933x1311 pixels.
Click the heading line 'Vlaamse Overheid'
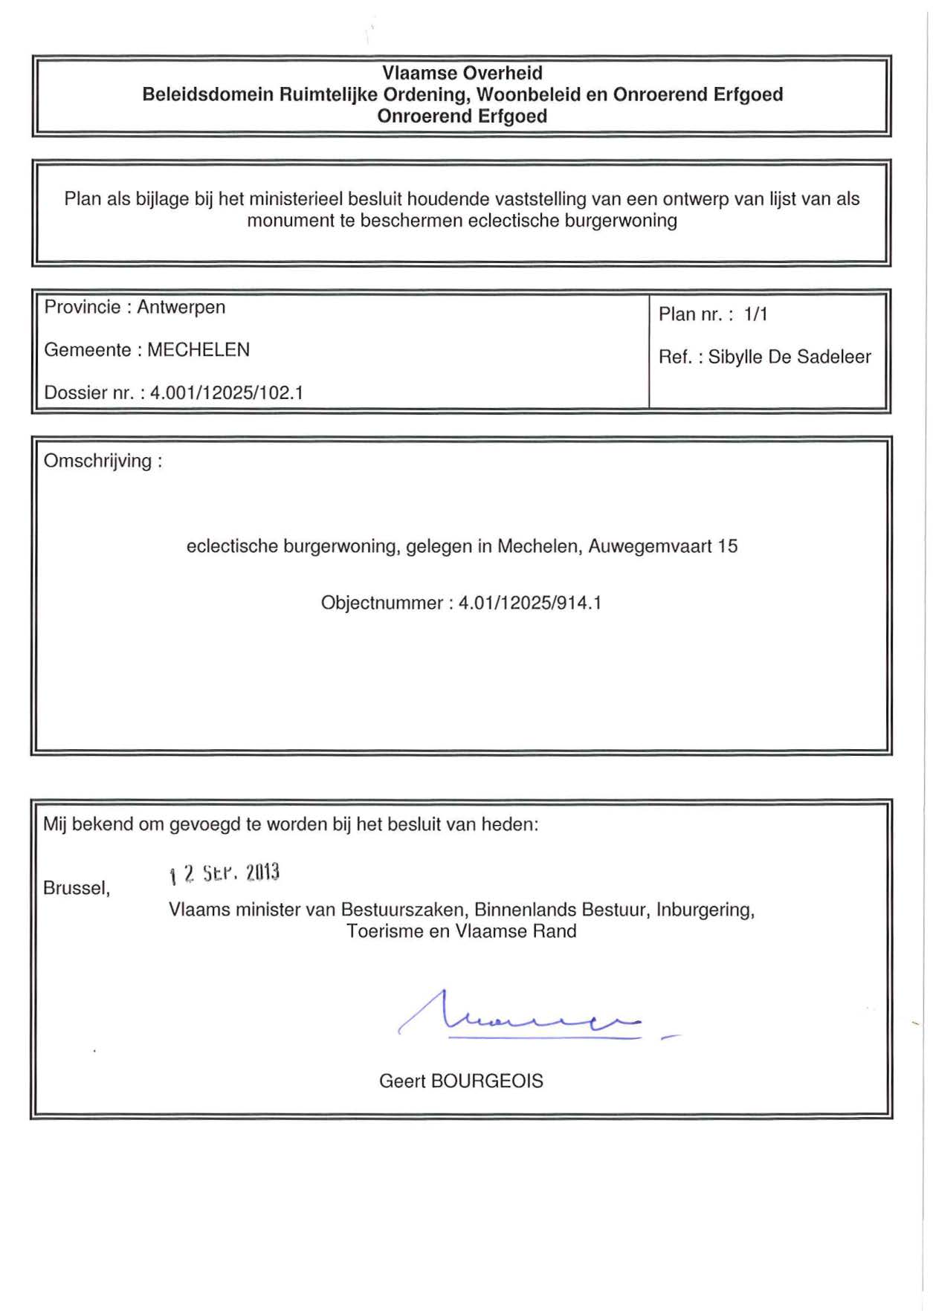pyautogui.click(x=462, y=73)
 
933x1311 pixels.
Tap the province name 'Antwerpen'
pyautogui.click(x=181, y=307)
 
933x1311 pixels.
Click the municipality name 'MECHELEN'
pyautogui.click(x=198, y=349)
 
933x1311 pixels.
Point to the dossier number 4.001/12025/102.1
pyautogui.click(x=227, y=392)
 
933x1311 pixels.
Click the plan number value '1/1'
pyautogui.click(x=755, y=314)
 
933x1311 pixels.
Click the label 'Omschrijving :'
pyautogui.click(x=103, y=461)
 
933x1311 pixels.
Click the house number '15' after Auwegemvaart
pyautogui.click(x=727, y=546)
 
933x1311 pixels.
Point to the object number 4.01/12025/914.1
pyautogui.click(x=530, y=603)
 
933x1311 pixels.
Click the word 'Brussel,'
pyautogui.click(x=77, y=888)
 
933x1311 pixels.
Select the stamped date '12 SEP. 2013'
pyautogui.click(x=225, y=873)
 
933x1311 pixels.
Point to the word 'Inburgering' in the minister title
pyautogui.click(x=704, y=910)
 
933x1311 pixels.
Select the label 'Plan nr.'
pyautogui.click(x=691, y=314)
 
